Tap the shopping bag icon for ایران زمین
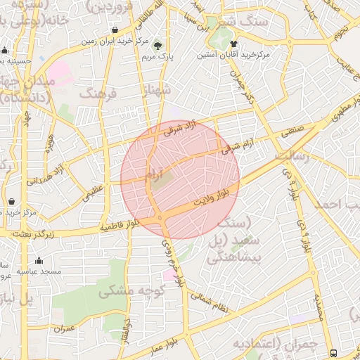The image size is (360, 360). [x=115, y=30]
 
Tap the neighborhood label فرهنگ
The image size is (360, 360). [x=98, y=93]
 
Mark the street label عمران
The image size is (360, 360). [x=63, y=328]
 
